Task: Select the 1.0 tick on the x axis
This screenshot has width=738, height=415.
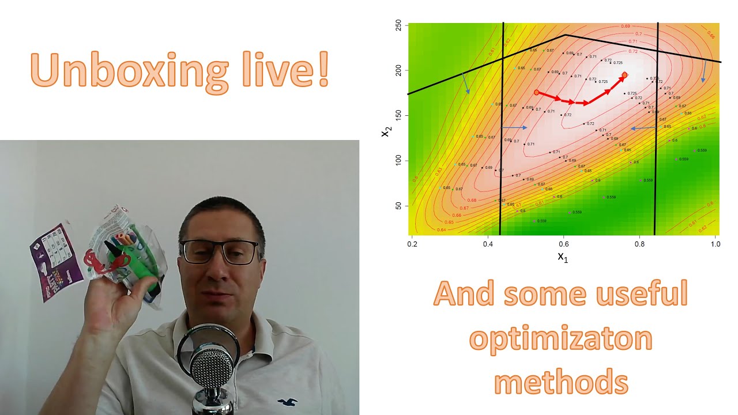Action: click(715, 244)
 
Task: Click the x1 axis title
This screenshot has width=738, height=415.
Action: click(563, 257)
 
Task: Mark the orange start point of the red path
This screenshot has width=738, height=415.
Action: click(536, 92)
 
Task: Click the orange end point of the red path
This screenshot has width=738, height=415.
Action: click(624, 75)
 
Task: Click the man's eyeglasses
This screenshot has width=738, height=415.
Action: click(221, 251)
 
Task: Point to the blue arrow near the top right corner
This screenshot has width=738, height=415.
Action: click(704, 70)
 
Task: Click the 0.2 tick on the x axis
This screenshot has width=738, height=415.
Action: click(412, 244)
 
